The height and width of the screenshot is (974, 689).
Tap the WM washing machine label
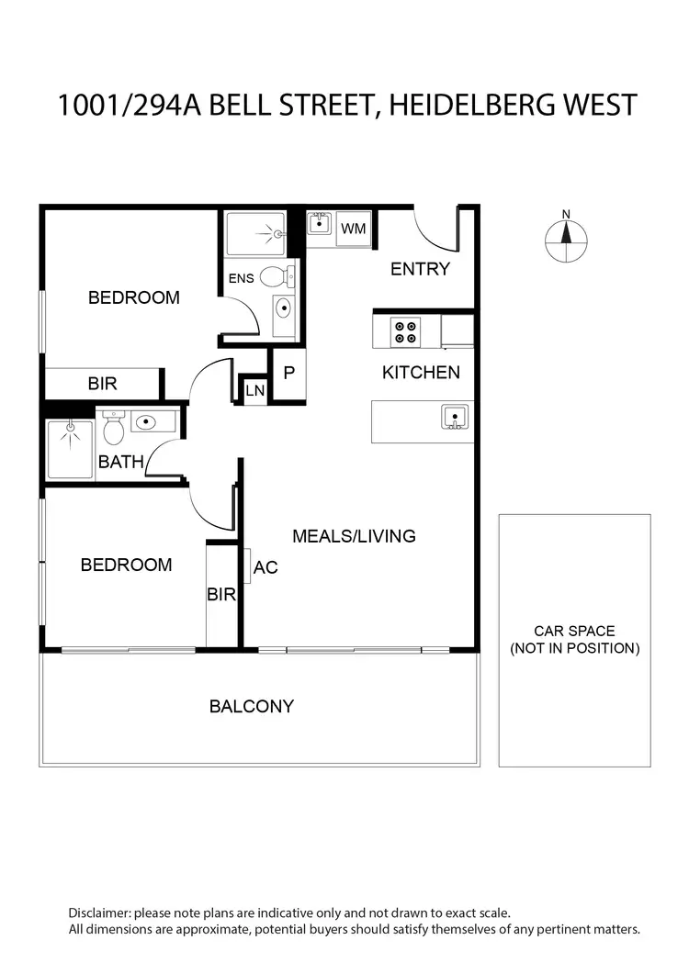tap(353, 229)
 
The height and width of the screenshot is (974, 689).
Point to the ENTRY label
tap(420, 269)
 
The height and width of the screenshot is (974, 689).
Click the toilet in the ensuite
tap(276, 275)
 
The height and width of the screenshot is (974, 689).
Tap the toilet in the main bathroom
tap(114, 428)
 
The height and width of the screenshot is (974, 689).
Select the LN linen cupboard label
tap(254, 392)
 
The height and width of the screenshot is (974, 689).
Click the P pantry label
tap(288, 374)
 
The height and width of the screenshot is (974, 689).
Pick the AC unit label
tap(265, 567)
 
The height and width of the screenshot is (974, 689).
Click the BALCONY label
tap(252, 706)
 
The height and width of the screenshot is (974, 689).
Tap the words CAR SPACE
tap(574, 632)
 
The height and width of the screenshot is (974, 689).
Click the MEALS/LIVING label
tap(354, 536)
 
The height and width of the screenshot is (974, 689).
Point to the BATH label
tap(121, 462)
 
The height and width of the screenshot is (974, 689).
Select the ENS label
tap(240, 279)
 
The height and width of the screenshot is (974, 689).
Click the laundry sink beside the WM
tap(320, 224)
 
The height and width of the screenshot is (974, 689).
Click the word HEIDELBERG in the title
tap(464, 105)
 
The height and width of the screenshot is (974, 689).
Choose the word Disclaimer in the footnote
tap(99, 913)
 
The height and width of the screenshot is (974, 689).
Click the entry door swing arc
tap(430, 230)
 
